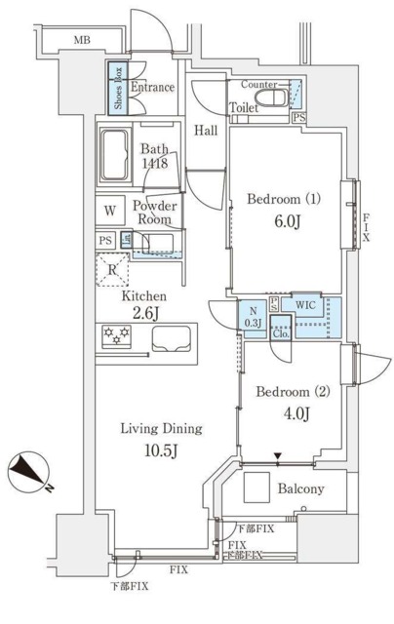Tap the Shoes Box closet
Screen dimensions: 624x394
pyautogui.click(x=115, y=87)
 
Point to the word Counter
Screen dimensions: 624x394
pyautogui.click(x=258, y=86)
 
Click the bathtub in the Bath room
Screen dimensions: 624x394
pyautogui.click(x=120, y=153)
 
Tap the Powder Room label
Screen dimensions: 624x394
pyautogui.click(x=154, y=213)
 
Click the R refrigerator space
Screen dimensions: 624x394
pyautogui.click(x=113, y=271)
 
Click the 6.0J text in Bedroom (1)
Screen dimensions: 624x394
pyautogui.click(x=285, y=220)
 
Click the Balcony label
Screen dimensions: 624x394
pyautogui.click(x=300, y=489)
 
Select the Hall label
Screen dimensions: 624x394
pyautogui.click(x=204, y=131)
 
